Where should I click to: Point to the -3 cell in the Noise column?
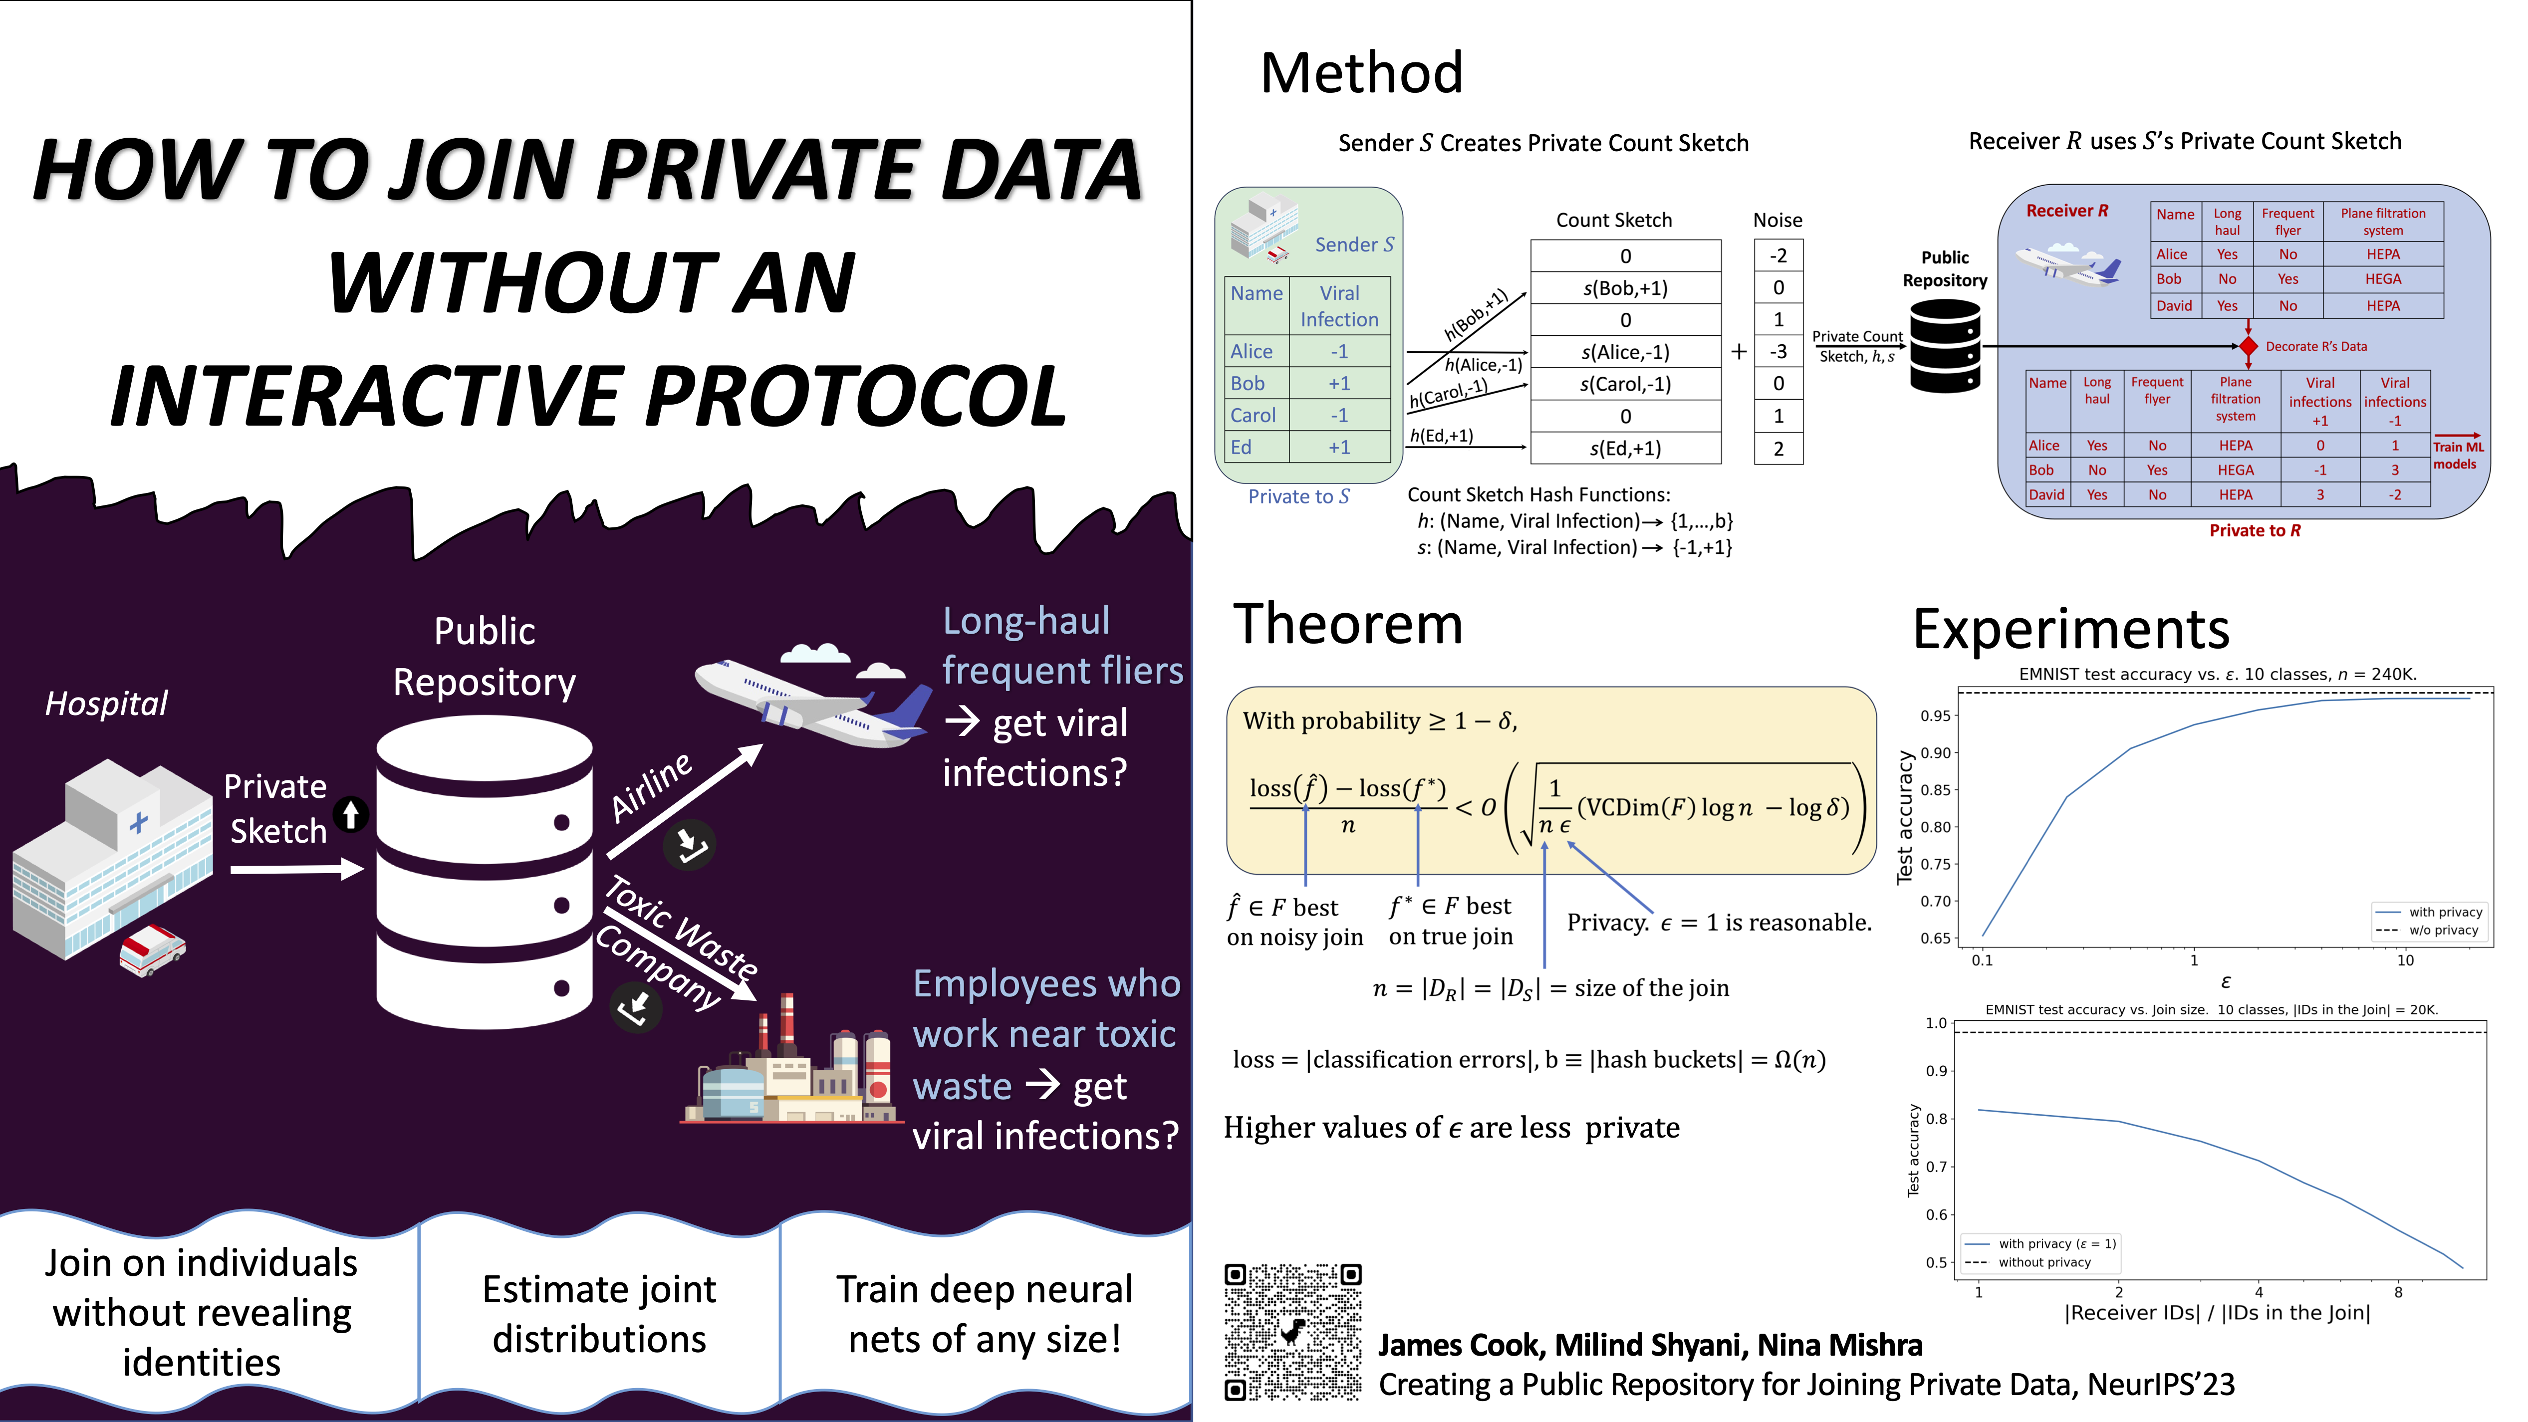[1778, 351]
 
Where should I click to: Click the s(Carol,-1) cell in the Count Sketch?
[1625, 384]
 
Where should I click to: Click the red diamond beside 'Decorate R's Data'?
[2249, 346]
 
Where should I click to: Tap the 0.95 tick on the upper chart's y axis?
[1935, 715]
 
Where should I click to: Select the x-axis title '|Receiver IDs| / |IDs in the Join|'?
[2217, 1313]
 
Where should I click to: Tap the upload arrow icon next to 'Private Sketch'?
[350, 814]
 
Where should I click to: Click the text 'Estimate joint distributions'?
[600, 1314]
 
